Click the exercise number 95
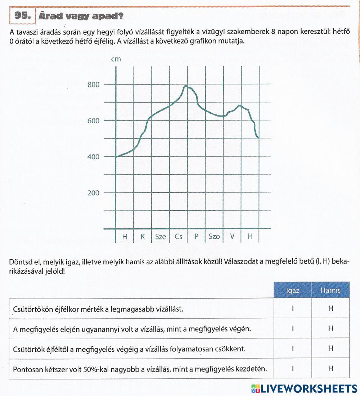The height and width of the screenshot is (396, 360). point(23,16)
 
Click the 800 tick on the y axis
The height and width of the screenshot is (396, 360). point(93,85)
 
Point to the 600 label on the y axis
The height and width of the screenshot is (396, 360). point(93,121)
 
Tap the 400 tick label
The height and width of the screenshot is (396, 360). point(93,157)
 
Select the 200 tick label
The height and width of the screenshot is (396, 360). point(93,193)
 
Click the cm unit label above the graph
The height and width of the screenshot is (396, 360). point(116,59)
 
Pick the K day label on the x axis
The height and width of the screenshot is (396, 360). point(143,237)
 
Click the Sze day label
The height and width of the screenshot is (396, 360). point(161,237)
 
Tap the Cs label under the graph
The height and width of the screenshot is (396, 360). point(179,237)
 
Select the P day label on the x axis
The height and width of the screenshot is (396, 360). point(197,237)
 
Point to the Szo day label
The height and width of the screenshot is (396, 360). point(214,237)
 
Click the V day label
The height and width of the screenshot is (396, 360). point(232,237)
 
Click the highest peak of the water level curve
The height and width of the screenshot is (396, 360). point(186,86)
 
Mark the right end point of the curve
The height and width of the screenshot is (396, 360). point(258,137)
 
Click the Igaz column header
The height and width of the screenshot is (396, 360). point(293,290)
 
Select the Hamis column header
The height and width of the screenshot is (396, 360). point(330,290)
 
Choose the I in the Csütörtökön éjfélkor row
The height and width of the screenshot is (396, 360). point(293,309)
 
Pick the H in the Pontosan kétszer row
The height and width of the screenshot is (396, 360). point(330,369)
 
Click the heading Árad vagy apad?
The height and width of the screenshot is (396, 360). point(81,16)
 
